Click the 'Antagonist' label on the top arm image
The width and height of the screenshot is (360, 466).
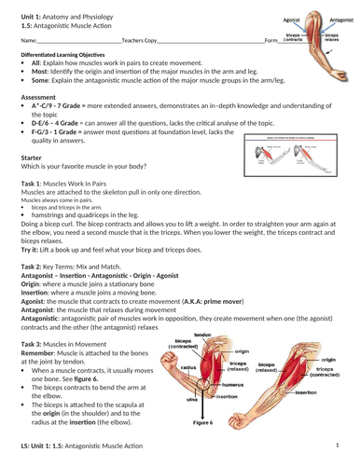coord(339,9)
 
